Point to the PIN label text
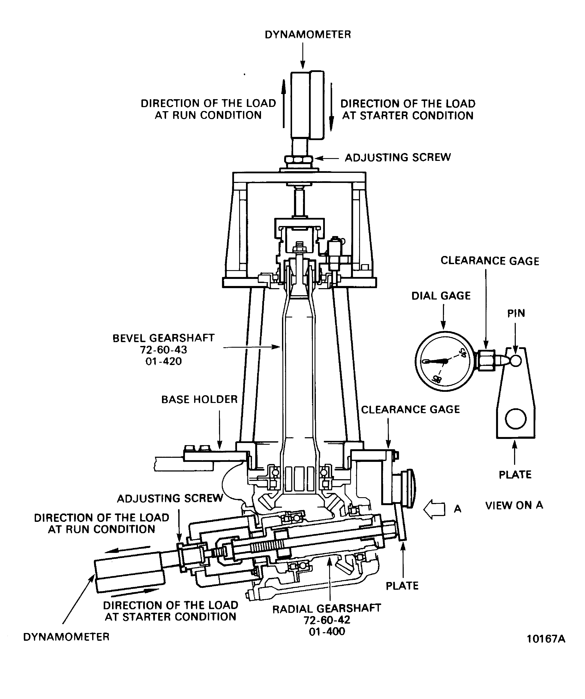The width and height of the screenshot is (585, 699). [x=516, y=313]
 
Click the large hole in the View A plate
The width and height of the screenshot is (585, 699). [x=515, y=419]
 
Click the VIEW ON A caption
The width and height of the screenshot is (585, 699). [x=514, y=505]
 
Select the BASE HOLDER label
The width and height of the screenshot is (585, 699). [x=199, y=400]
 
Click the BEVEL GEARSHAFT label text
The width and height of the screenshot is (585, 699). [x=163, y=338]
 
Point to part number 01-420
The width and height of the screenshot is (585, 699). [x=163, y=361]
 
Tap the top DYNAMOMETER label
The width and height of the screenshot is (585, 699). [x=308, y=35]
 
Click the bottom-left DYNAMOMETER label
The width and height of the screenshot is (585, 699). [x=66, y=637]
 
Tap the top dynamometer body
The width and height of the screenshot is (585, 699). [x=307, y=105]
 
